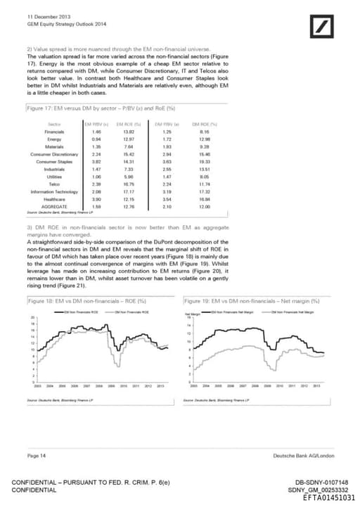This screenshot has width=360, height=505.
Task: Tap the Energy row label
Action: pyautogui.click(x=55, y=139)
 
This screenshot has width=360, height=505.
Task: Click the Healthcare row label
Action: pyautogui.click(x=55, y=199)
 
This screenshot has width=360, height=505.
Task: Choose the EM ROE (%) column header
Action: pyautogui.click(x=127, y=123)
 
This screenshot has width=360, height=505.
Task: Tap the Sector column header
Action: pyautogui.click(x=55, y=123)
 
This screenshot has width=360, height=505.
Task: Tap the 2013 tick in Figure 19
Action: pyautogui.click(x=316, y=386)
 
